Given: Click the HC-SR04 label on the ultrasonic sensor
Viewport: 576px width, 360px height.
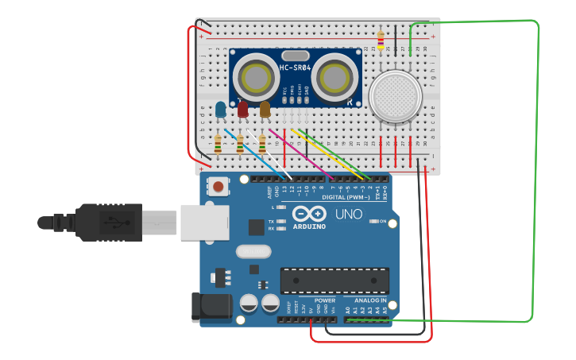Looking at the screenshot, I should click(x=295, y=68).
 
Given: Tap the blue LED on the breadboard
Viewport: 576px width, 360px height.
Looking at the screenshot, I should click(x=220, y=109).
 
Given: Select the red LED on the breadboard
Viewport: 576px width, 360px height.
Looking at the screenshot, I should click(x=242, y=108).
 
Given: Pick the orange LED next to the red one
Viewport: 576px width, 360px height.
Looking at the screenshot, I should click(x=265, y=108).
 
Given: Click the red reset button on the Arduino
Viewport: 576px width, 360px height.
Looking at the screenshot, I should click(x=218, y=187).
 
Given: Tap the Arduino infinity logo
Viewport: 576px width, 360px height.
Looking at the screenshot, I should click(x=309, y=214).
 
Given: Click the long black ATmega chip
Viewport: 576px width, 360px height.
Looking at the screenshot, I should click(x=334, y=280).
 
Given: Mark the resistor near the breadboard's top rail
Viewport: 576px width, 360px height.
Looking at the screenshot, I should click(x=381, y=40).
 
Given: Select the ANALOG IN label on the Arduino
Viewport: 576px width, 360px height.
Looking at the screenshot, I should click(x=370, y=301).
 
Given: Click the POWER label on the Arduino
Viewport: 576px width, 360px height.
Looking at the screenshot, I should click(x=325, y=301).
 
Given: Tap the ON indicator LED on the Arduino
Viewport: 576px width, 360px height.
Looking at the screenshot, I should click(x=374, y=221).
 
